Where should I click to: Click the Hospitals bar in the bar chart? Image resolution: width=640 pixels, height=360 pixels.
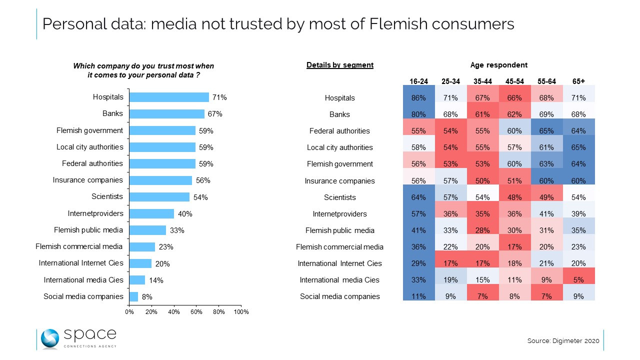point(169,97)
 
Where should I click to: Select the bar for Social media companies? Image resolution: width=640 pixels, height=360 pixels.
point(133,296)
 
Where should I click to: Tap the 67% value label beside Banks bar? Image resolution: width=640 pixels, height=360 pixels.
point(215,114)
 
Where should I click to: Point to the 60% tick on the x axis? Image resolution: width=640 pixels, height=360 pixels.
point(196,312)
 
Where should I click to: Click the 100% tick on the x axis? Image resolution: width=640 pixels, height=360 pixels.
point(241,312)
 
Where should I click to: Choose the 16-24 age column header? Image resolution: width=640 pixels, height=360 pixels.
point(418,81)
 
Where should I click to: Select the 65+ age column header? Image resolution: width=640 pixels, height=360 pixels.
point(578,81)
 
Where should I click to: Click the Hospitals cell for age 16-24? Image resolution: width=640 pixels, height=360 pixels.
point(418,98)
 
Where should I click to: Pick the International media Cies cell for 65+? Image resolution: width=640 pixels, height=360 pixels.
point(578,280)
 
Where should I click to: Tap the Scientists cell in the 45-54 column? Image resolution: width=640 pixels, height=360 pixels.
point(514,197)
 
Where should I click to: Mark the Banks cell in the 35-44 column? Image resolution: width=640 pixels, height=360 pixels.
point(482,114)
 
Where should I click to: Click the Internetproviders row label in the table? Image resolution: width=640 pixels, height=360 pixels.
point(339,214)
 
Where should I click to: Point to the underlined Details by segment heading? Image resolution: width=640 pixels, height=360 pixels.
point(340,65)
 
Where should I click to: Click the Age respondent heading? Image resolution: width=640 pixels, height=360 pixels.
point(498,65)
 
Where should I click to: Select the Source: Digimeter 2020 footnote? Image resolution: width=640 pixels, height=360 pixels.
point(563,341)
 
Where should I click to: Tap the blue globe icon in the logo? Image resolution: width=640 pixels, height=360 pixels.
point(50,339)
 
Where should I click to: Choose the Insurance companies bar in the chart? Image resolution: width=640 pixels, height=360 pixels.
point(160,180)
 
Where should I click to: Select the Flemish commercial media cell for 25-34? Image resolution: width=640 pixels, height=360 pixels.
point(450,246)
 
